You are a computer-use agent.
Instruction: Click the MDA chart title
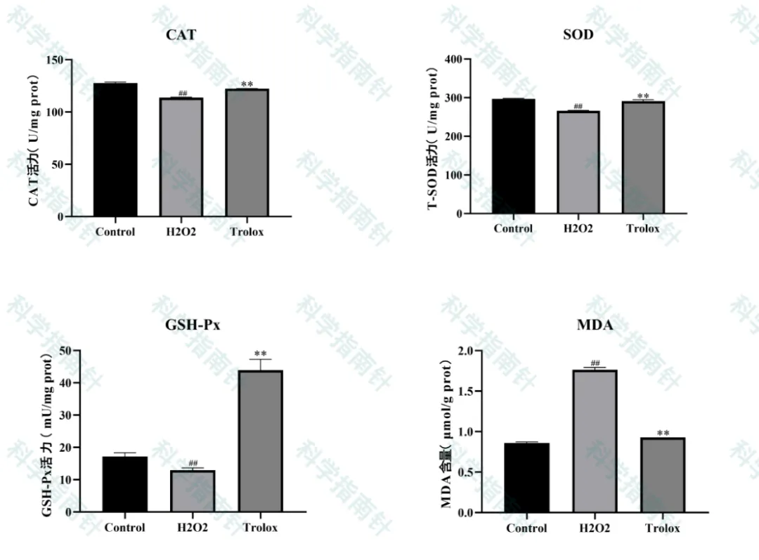595,325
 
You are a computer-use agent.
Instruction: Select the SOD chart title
578,34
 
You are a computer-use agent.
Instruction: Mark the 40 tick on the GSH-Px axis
66,383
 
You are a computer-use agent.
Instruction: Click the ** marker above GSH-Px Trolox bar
261,353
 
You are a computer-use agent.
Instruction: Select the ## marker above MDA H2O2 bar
595,363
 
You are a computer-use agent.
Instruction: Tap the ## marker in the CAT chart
183,93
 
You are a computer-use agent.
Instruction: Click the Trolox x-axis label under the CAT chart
247,232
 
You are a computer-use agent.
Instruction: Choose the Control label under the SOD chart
513,228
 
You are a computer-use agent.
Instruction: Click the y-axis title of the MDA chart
446,434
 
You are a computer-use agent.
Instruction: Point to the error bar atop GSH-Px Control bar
124,454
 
